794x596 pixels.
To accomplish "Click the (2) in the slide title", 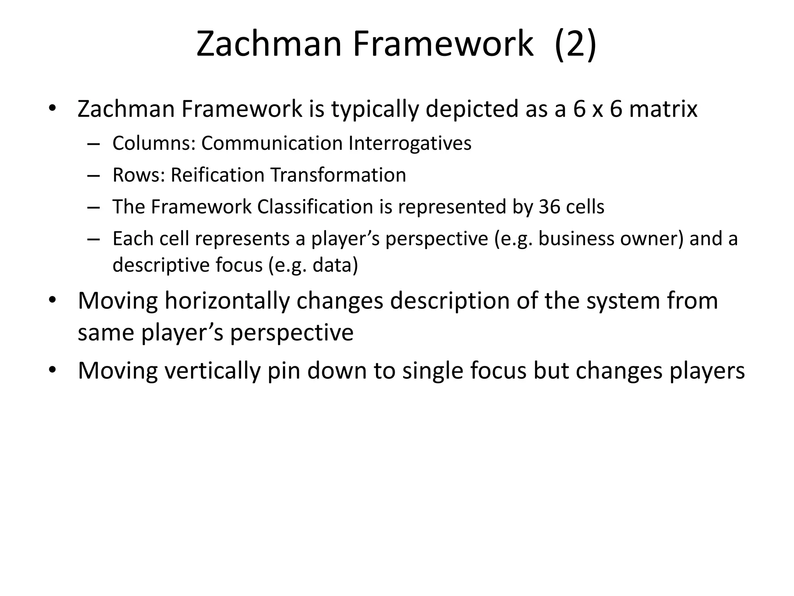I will pyautogui.click(x=575, y=44).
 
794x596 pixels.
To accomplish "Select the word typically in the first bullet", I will pyautogui.click(x=375, y=109).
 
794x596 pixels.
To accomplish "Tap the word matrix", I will pyautogui.click(x=663, y=109).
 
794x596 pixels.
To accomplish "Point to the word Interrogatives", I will pyautogui.click(x=410, y=143).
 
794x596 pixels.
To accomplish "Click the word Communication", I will pyautogui.click(x=272, y=143).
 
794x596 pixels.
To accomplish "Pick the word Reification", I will pyautogui.click(x=217, y=175).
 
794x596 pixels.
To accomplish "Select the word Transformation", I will pyautogui.click(x=338, y=175).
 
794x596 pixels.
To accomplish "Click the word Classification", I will pyautogui.click(x=315, y=207).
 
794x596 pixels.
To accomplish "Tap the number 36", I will pyautogui.click(x=549, y=207).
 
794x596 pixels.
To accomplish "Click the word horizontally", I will pyautogui.click(x=227, y=301).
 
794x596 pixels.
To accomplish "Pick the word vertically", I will pyautogui.click(x=212, y=371).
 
